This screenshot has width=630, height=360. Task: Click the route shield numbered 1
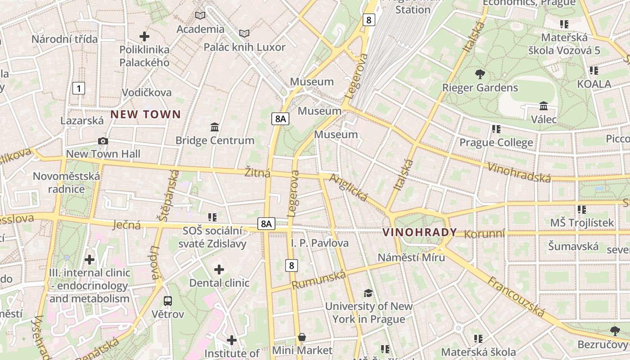79,88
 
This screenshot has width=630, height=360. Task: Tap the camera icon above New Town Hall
103,141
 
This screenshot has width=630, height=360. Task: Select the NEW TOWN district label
145,114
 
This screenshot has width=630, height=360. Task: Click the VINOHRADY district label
419,232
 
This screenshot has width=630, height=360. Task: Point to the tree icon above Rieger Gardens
480,74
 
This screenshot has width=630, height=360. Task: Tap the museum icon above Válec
544,106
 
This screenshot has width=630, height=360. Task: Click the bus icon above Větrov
168,301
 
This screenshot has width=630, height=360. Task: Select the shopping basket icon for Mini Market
302,337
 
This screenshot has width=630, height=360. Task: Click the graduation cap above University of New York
368,293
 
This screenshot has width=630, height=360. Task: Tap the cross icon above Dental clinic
219,270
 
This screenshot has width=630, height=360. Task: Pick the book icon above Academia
200,16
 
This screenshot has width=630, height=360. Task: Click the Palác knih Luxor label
244,47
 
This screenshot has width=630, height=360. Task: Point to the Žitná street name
257,172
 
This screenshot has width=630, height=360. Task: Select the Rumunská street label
319,280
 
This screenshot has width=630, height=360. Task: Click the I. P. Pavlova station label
319,243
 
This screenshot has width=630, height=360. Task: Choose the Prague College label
496,143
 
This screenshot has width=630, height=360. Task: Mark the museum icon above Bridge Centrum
215,127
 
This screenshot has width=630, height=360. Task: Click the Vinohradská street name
519,172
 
